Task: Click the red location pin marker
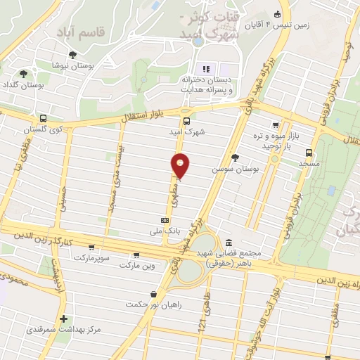tap(181, 165)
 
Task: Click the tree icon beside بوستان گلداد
tap(24, 73)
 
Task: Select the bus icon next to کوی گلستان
tap(44, 119)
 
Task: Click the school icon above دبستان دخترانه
tap(206, 68)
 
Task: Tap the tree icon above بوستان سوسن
tap(234, 158)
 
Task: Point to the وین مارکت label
tap(136, 266)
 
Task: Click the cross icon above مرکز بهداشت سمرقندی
tap(64, 319)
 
